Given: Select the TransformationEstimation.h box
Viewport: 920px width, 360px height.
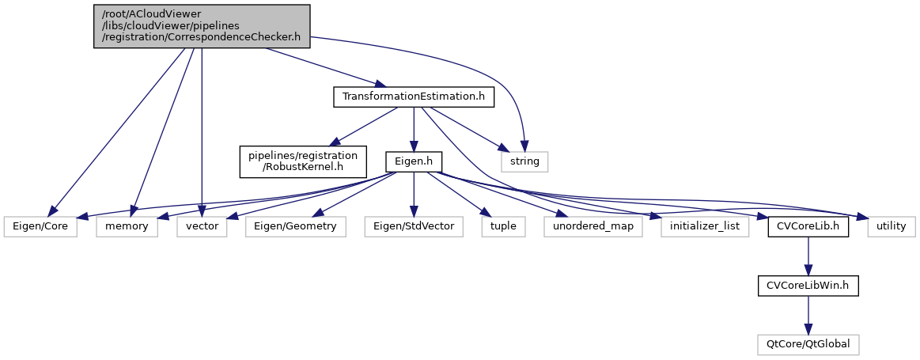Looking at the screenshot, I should click(413, 97).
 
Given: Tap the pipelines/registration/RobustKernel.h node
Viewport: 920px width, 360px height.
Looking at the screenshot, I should click(304, 161).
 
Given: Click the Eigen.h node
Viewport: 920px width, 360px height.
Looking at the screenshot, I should click(413, 161).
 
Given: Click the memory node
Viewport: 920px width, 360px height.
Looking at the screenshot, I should click(126, 226).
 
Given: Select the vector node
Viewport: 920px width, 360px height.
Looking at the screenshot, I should click(203, 226).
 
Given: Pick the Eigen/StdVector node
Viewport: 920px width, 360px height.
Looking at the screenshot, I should click(413, 226).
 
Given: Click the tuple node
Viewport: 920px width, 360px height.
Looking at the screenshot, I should click(502, 226).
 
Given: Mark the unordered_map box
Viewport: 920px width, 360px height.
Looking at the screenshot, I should click(593, 226).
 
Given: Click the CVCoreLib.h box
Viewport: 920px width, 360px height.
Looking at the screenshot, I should click(807, 226).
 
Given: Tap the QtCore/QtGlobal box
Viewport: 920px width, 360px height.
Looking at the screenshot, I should click(807, 344).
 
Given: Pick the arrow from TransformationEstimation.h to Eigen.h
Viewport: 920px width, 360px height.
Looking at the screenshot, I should click(413, 129).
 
